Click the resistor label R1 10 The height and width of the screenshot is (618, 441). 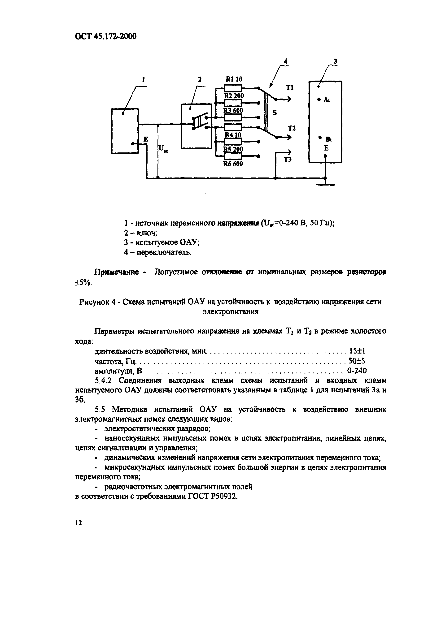(234, 79)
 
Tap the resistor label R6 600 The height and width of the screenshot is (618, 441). (233, 164)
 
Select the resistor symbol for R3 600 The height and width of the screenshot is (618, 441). (233, 117)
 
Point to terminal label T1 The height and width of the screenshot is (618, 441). (289, 88)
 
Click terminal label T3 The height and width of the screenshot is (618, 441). (288, 160)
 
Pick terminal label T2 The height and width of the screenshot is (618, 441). (292, 128)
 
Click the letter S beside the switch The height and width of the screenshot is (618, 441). (275, 113)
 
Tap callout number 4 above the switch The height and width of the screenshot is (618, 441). (285, 62)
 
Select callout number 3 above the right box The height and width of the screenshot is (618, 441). (335, 62)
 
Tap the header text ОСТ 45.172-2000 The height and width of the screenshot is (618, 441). (105, 36)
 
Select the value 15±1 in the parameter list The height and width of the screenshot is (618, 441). (357, 351)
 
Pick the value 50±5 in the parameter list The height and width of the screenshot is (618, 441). (357, 361)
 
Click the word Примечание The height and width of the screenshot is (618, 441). (117, 272)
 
